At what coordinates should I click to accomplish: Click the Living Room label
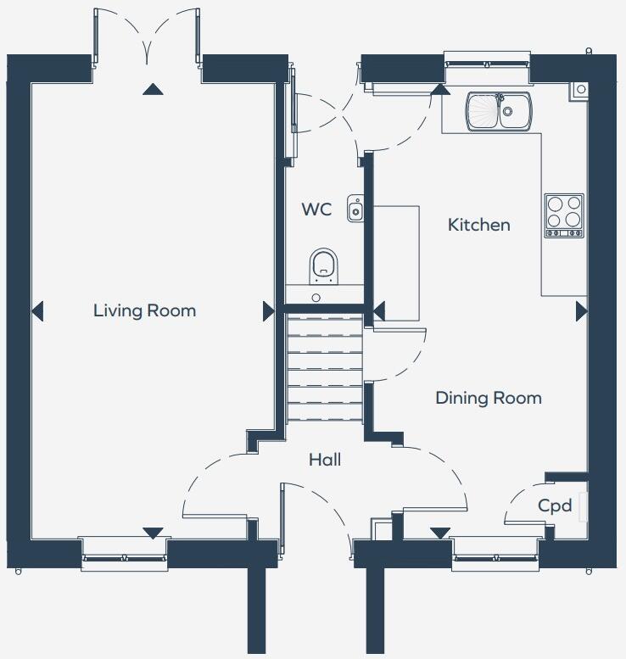point(144,310)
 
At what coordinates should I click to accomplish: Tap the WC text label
point(316,209)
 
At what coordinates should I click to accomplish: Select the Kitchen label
point(478,225)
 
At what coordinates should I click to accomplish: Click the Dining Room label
point(488,398)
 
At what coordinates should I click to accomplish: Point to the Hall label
point(325,460)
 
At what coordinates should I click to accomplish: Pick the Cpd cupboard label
point(555,506)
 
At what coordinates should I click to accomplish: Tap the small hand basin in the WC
point(355,208)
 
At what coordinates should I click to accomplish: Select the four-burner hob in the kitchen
point(564,215)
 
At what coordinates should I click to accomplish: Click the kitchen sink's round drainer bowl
point(483,111)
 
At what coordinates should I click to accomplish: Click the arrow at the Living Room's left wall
point(36,312)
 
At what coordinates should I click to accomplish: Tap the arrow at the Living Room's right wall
point(269,312)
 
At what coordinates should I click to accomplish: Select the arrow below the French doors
point(153,89)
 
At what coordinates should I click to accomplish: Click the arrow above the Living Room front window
point(153,533)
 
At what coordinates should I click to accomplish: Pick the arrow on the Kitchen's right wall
point(581,312)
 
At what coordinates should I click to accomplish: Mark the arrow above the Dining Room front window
point(439,533)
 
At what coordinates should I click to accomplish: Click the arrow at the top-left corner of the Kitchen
point(439,87)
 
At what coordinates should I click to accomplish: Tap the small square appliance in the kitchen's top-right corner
point(580,88)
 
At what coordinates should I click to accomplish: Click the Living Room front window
point(125,556)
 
